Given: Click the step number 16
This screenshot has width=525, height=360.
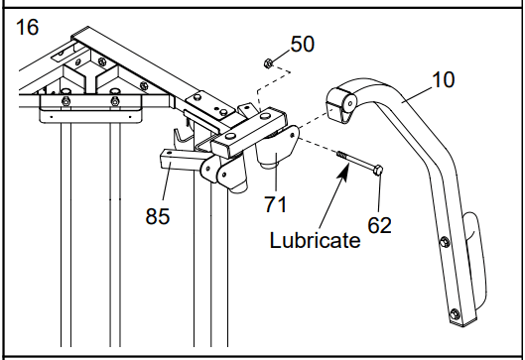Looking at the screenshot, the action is pyautogui.click(x=27, y=27).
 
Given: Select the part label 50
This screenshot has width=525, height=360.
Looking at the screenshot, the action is pyautogui.click(x=303, y=44).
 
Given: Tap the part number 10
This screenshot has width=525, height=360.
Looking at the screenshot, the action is pyautogui.click(x=443, y=79).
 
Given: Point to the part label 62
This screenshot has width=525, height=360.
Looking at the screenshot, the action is pyautogui.click(x=379, y=225).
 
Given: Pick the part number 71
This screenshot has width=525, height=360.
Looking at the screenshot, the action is pyautogui.click(x=276, y=204).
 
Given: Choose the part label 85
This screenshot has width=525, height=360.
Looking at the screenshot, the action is pyautogui.click(x=158, y=216).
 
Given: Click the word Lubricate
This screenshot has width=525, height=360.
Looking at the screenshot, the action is pyautogui.click(x=315, y=240).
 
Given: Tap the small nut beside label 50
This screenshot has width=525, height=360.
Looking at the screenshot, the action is pyautogui.click(x=268, y=62).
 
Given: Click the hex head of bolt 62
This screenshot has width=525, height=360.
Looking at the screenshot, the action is pyautogui.click(x=377, y=170).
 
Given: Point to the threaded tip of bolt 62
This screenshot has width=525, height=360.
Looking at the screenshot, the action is pyautogui.click(x=341, y=155).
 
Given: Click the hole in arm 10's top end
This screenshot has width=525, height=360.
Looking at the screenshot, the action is pyautogui.click(x=350, y=104).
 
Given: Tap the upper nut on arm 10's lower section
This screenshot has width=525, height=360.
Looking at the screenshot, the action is pyautogui.click(x=445, y=241).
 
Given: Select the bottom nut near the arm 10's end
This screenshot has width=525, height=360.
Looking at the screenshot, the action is pyautogui.click(x=454, y=314).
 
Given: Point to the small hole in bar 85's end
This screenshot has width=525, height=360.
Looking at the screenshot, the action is pyautogui.click(x=169, y=153).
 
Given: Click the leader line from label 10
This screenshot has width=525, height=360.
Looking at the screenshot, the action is pyautogui.click(x=416, y=94).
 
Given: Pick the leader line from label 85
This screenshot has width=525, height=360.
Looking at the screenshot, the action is pyautogui.click(x=168, y=181).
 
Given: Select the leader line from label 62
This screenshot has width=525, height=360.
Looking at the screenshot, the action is pyautogui.click(x=379, y=193).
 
